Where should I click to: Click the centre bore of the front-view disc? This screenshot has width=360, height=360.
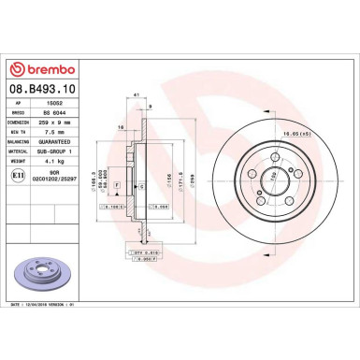pos(273,178)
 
